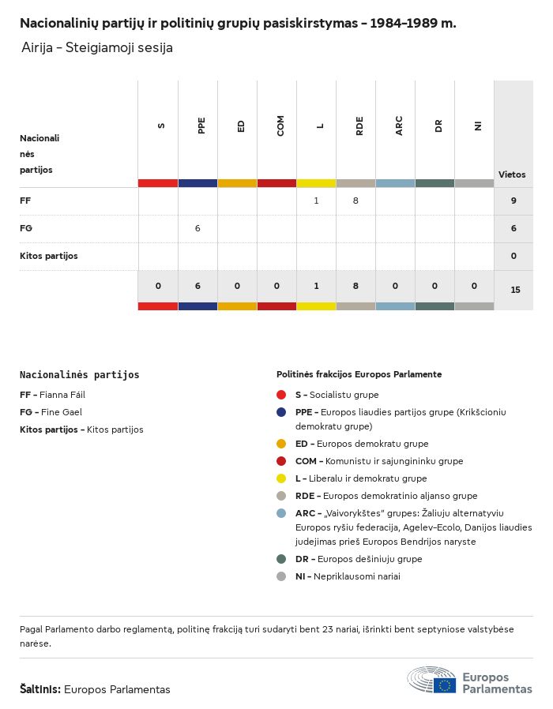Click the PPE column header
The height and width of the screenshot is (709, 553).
click(201, 126)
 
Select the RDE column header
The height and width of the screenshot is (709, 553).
click(359, 126)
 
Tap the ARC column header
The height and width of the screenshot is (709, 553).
click(399, 126)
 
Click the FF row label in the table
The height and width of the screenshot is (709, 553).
click(25, 201)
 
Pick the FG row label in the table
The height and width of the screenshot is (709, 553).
click(26, 228)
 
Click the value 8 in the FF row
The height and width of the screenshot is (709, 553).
click(355, 201)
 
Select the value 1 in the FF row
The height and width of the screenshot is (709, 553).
click(316, 201)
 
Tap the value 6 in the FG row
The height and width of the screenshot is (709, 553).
click(197, 228)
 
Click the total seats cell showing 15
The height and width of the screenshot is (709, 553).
click(515, 290)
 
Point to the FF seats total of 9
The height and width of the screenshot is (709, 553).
click(513, 201)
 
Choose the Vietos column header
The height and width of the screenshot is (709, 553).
click(512, 174)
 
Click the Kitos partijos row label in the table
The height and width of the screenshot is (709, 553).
click(49, 256)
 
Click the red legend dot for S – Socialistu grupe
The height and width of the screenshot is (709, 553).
click(281, 395)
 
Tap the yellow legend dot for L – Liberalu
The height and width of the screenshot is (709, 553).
click(281, 478)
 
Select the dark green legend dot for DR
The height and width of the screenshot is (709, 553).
click(281, 559)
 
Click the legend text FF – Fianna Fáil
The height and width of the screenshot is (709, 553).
click(52, 395)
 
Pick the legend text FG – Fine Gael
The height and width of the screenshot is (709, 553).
click(51, 412)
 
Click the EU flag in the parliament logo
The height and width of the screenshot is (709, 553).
click(444, 685)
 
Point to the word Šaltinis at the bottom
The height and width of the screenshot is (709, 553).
click(39, 689)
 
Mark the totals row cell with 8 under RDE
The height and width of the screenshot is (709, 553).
click(355, 286)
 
